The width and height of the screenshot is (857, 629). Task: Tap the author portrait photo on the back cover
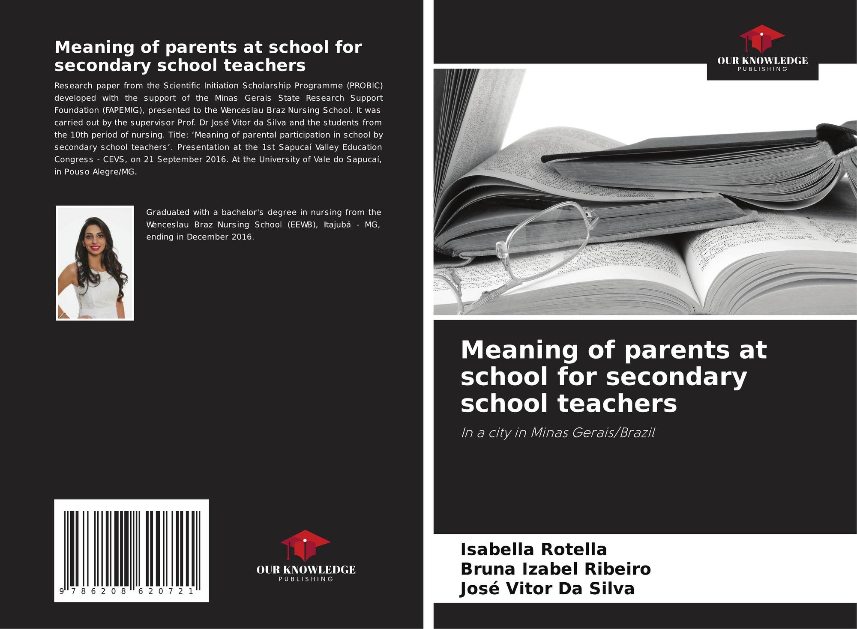click(x=95, y=263)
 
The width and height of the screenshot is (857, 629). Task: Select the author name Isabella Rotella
click(x=533, y=549)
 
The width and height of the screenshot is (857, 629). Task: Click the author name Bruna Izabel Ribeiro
click(x=555, y=569)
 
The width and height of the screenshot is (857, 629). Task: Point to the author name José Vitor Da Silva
click(x=547, y=589)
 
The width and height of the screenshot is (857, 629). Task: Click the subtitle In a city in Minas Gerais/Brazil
click(x=557, y=433)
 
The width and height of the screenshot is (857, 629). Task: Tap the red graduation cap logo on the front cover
click(x=762, y=39)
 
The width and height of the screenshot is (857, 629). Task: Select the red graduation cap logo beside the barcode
click(x=305, y=545)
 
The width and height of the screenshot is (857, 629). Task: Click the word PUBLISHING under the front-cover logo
click(x=762, y=69)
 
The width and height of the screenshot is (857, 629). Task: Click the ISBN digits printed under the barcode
click(x=127, y=591)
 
